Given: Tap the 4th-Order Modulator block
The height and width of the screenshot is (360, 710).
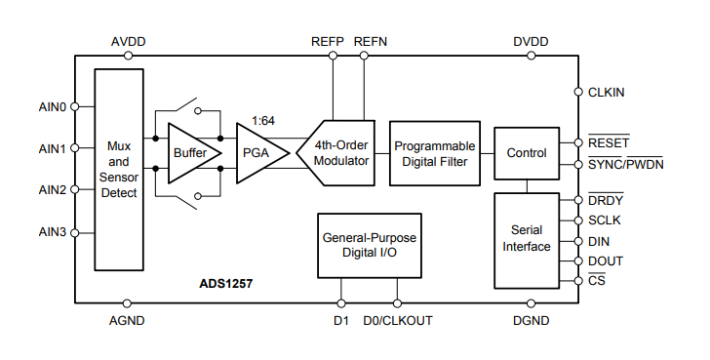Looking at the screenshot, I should click(x=337, y=153).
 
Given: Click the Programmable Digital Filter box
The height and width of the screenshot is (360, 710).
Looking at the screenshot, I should click(x=435, y=153).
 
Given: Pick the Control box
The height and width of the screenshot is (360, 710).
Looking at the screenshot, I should click(x=527, y=153).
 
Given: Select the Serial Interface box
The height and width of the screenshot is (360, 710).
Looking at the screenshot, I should click(x=527, y=239).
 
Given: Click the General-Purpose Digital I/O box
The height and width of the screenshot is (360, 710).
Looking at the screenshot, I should click(x=371, y=244).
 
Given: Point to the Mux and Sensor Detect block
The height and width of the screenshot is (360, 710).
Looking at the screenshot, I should click(x=119, y=169).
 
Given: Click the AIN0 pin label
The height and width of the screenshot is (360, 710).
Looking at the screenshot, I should click(x=52, y=107).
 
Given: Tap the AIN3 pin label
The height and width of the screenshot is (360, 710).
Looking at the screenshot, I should click(x=52, y=231).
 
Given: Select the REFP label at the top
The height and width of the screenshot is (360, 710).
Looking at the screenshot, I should click(x=327, y=42).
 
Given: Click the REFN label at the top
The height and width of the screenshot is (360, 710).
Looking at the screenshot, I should click(x=371, y=42).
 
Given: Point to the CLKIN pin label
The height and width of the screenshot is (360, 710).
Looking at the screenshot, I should click(x=606, y=92).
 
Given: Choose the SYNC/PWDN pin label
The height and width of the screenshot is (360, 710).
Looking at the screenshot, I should click(x=625, y=163).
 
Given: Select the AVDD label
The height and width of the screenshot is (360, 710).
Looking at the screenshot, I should click(x=129, y=42).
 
